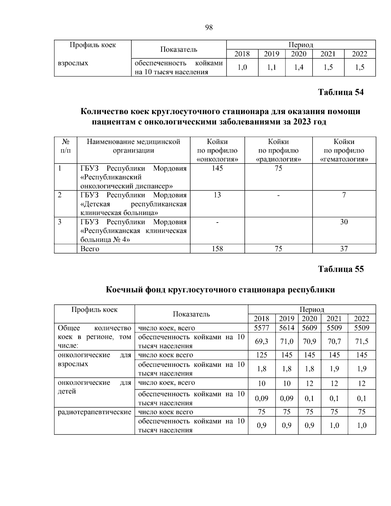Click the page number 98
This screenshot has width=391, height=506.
[209, 27]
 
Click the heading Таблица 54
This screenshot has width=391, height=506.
[340, 92]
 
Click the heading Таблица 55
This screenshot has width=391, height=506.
[340, 269]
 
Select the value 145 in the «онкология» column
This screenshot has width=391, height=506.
[217, 168]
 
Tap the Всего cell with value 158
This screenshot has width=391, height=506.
[217, 249]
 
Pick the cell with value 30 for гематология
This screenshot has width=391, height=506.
[344, 222]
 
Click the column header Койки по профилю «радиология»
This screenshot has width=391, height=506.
[278, 151]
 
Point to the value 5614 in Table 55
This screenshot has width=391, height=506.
[287, 328]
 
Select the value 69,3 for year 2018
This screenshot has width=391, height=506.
[261, 341]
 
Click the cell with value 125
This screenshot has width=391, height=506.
[261, 355]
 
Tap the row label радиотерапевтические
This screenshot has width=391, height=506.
[94, 412]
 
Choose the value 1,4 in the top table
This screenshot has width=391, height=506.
[298, 67]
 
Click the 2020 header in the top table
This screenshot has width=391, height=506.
[298, 54]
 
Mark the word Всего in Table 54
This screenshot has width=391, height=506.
[90, 249]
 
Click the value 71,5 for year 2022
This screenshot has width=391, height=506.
[362, 341]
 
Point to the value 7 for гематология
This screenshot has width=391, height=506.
[344, 195]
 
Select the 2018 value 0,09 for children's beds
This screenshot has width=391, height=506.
[261, 398]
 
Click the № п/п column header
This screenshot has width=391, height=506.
[65, 146]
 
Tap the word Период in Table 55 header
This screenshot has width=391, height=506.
[311, 310]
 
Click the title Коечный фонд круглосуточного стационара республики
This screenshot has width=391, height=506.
[220, 290]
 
